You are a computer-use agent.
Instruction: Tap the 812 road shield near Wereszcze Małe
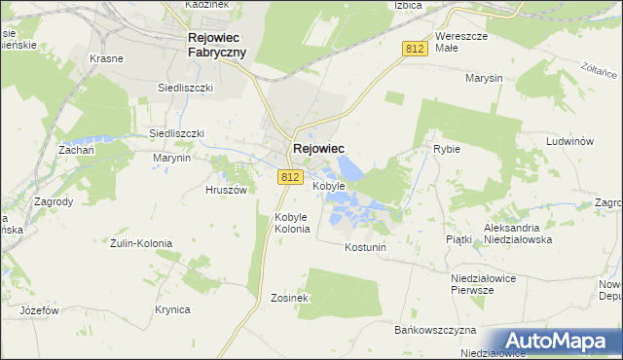415,48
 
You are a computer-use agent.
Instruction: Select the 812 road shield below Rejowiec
289,177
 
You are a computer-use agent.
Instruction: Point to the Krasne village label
108,58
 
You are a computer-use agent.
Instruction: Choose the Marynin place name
170,158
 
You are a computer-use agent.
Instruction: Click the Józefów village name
40,310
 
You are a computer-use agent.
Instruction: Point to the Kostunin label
366,247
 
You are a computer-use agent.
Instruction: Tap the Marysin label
483,77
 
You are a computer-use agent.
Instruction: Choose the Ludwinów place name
570,141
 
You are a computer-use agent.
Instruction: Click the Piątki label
458,238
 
